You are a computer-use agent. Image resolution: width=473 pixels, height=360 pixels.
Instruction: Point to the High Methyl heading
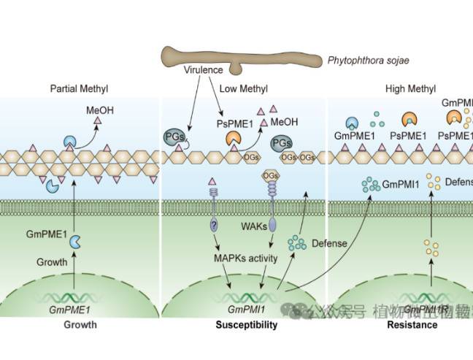(409, 89)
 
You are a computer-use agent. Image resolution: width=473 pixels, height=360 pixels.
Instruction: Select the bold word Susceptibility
(246, 325)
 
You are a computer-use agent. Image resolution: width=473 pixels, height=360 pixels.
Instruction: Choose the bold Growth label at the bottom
(79, 325)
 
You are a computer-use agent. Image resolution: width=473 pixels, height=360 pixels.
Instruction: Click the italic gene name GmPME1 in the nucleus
(70, 310)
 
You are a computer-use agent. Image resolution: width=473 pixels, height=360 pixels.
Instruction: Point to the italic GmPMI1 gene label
(246, 310)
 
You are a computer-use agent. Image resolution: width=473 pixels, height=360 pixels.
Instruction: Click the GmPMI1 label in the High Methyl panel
(401, 186)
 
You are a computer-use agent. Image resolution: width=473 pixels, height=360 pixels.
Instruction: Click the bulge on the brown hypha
(235, 69)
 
